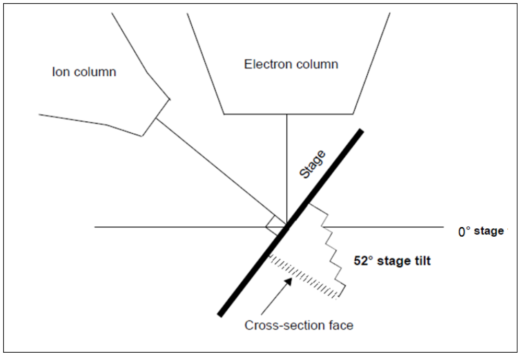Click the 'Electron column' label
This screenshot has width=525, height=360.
click(291, 64)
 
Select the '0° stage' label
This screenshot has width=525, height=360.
click(481, 231)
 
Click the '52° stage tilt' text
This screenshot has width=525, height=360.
click(392, 261)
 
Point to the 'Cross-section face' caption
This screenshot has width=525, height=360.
click(299, 326)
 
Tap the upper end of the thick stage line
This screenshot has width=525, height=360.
click(359, 131)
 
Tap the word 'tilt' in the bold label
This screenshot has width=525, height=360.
click(421, 261)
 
